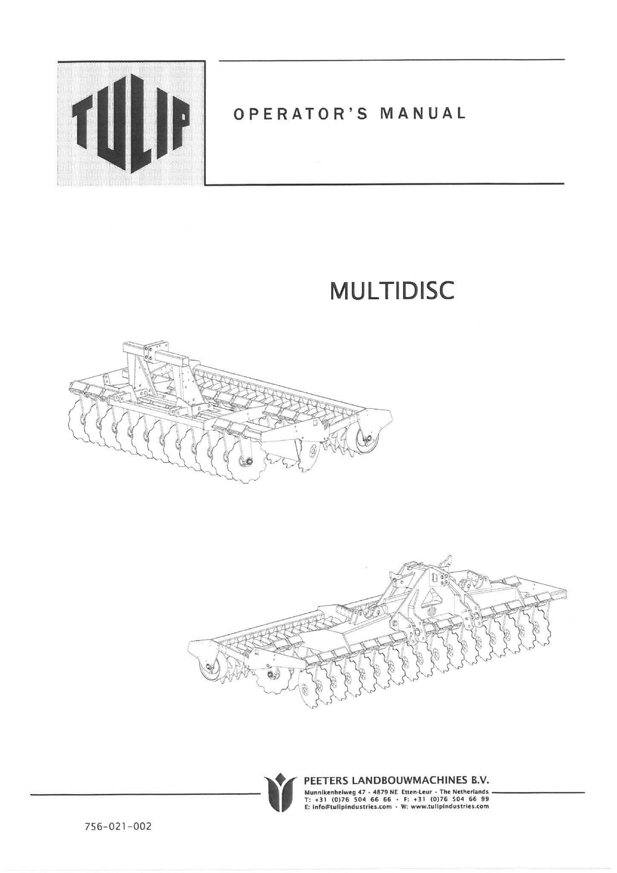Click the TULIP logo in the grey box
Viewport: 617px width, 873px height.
coord(131,123)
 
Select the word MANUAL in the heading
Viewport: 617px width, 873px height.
coord(422,113)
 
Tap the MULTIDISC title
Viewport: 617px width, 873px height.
coord(392,291)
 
